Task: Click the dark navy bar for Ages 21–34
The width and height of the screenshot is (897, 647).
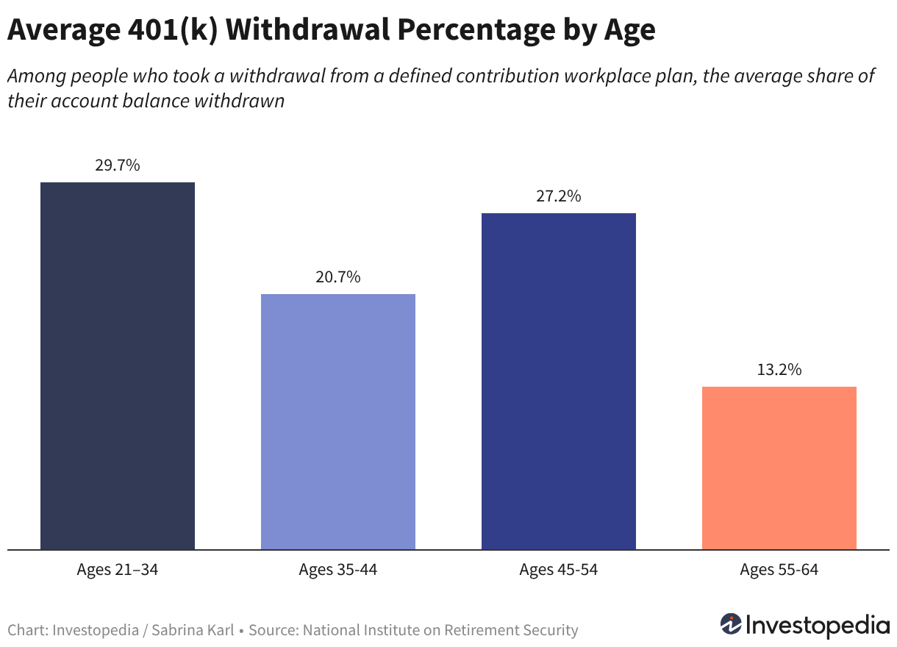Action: coord(118,366)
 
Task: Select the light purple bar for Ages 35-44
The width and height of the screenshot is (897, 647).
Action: coord(338,422)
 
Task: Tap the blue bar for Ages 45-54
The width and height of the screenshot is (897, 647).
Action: coord(559,382)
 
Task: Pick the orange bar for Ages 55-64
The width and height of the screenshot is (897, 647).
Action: coord(779,468)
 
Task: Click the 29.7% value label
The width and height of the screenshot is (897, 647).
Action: coord(118,165)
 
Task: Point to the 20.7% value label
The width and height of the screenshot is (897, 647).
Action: coord(338,276)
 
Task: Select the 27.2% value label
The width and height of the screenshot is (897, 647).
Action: coord(559,196)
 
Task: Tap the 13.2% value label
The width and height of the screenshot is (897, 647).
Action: coord(779,369)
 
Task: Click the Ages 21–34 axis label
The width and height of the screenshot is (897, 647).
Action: coord(118,569)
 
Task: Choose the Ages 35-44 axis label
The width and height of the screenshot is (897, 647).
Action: coord(338,569)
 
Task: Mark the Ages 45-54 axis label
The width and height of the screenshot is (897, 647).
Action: coord(559,569)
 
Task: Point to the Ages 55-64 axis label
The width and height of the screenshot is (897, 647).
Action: coord(779,569)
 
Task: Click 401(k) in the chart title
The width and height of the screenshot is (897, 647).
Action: coord(173,30)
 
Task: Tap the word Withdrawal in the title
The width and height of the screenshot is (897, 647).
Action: coord(307,29)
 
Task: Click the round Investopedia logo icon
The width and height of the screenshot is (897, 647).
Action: coord(731,623)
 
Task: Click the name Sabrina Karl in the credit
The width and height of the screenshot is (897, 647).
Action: coord(193,630)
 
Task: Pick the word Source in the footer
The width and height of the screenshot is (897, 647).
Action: coord(274,630)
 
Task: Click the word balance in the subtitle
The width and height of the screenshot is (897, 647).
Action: coord(155,101)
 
